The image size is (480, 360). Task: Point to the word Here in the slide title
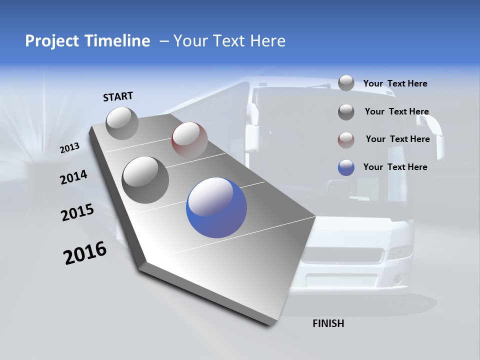coord(265,41)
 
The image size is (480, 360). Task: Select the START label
coord(118,96)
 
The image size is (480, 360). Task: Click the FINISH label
coord(328,323)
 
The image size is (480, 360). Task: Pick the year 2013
coord(69,148)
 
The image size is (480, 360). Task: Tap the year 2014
coord(73,177)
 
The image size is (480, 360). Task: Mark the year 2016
coord(85,253)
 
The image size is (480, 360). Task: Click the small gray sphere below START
coord(122,123)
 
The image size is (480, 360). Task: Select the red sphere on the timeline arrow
coord(189,140)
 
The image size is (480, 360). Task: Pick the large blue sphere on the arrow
coord(216,207)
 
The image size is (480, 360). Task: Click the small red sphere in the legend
coord(346,139)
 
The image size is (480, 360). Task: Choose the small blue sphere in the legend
coord(346,167)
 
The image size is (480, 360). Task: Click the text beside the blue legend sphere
coord(395,167)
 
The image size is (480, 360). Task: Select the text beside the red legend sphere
coord(397,139)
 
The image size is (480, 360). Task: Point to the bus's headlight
coord(400,251)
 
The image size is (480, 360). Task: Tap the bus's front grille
coord(345,257)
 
